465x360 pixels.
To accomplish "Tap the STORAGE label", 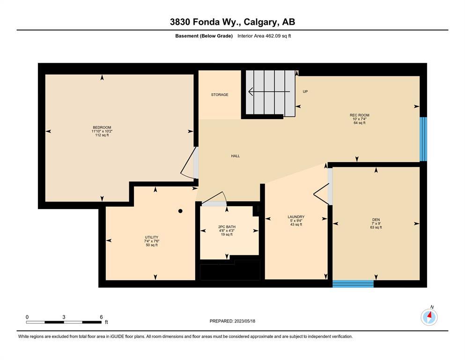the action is click(220, 95).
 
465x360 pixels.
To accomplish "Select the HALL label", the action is click(236, 156).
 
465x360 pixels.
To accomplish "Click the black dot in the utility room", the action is click(180, 211).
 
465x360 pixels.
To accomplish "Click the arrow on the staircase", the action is click(269, 92).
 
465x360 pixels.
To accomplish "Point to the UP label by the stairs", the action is click(305, 91).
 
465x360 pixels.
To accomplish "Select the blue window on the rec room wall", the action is click(423, 139).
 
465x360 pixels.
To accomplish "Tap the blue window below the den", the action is click(353, 284).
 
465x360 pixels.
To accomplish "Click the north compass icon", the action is click(429, 316).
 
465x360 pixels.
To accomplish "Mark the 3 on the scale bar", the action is click(64, 317).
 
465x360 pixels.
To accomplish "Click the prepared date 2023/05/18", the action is click(244, 321).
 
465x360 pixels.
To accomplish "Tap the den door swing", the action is click(321, 195).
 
